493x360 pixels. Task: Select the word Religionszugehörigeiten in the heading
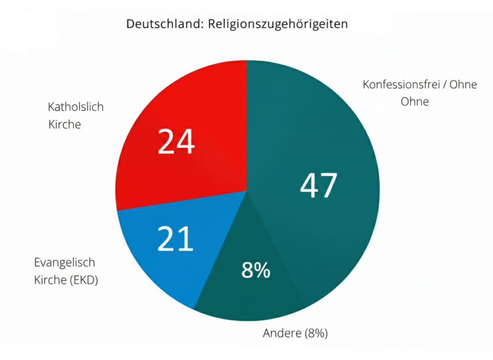click(x=278, y=25)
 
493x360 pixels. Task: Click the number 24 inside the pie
click(x=176, y=142)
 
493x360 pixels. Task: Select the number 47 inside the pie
click(x=318, y=186)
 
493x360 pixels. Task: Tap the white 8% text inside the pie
click(x=256, y=271)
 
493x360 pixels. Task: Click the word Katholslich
click(x=76, y=107)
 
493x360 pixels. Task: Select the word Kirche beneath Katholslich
click(x=65, y=124)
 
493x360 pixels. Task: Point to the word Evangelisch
click(x=65, y=263)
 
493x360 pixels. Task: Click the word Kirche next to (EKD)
click(x=49, y=280)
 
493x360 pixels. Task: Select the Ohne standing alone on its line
click(x=415, y=102)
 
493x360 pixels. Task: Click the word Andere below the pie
click(x=280, y=333)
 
